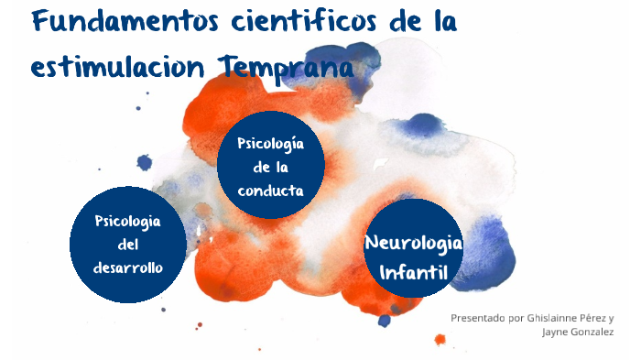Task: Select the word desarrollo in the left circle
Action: tap(128, 267)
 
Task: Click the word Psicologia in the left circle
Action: tap(128, 222)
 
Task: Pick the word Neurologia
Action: tap(414, 244)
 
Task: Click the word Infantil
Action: tap(413, 272)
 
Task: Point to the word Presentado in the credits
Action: tap(476, 318)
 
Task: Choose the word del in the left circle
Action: tap(127, 245)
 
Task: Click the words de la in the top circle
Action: tap(271, 168)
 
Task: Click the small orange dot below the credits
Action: tap(440, 340)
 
